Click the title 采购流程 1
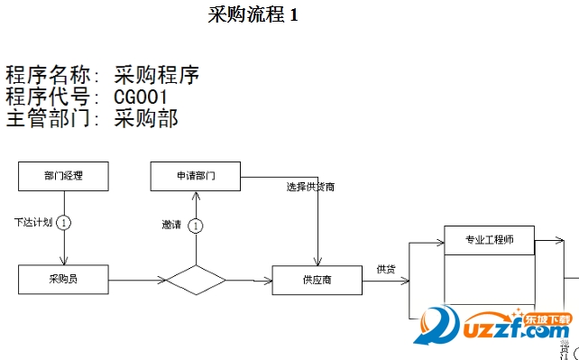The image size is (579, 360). coord(253,15)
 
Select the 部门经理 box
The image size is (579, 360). coord(63,176)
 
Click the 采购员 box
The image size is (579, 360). coord(63,279)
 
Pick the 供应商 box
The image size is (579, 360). coord(317,280)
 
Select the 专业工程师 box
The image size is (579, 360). coord(490,240)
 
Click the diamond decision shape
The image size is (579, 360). coord(195,280)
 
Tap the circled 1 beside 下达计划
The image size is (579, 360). coord(64,222)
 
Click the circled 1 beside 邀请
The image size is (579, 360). coord(196,226)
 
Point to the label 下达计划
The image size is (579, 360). coord(33,222)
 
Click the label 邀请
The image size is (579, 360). coord(171,225)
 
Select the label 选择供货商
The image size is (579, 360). coord(311,187)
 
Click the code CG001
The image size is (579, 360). coord(142,97)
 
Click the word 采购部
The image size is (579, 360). coord(147,118)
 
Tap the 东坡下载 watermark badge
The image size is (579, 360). coord(549,319)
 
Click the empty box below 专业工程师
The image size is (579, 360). coord(490,284)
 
